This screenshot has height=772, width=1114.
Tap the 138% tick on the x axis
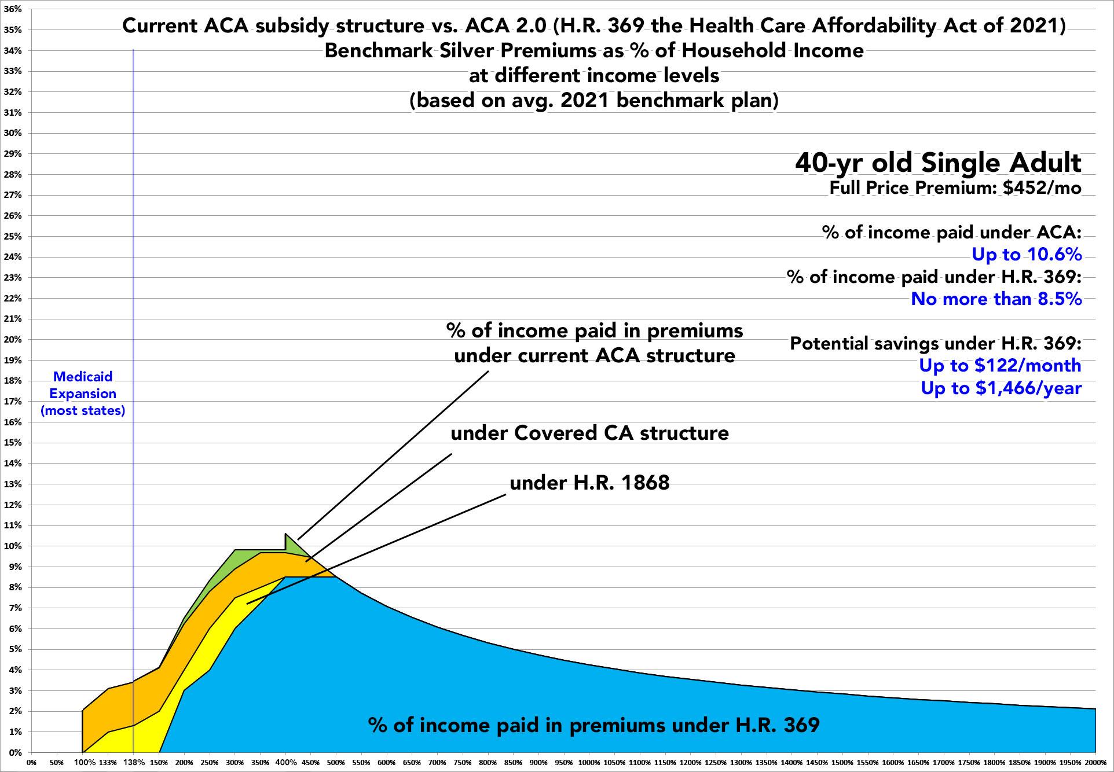pos(133,762)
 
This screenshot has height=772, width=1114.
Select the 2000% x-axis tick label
pos(1095,762)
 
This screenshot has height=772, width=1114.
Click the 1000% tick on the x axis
pos(589,762)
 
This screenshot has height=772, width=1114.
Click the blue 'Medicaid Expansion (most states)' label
pos(83,394)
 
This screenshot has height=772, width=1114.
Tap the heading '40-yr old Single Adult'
pos(938,163)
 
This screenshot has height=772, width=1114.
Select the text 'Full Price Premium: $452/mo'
pos(955,188)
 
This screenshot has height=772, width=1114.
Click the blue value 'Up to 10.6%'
pos(1026,254)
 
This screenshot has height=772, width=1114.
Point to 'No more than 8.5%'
pos(996,299)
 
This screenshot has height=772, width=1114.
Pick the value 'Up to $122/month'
pos(1000,365)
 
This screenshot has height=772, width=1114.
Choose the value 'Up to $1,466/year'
pos(1001,388)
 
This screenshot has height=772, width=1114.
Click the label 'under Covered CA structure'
pos(589,433)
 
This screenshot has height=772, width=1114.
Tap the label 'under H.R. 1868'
pos(589,483)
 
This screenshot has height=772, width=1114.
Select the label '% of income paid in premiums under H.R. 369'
pos(593,725)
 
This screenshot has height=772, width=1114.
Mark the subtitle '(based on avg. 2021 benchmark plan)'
pos(593,100)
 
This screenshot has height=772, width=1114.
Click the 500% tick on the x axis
pos(336,762)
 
